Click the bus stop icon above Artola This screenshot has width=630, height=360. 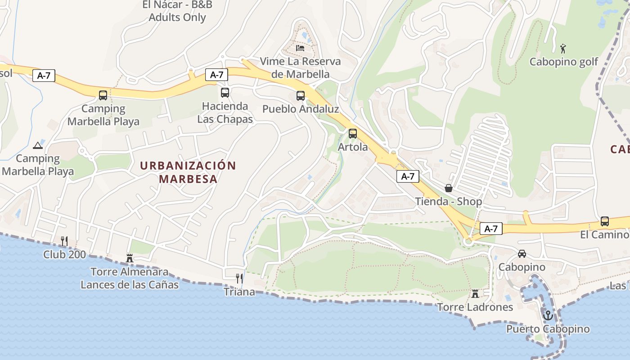[x=353, y=134]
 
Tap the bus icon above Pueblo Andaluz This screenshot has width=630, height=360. [x=301, y=96]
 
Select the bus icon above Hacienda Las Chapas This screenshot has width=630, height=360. [x=225, y=93]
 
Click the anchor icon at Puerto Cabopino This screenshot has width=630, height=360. [x=548, y=315]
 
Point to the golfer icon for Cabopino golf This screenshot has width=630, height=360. [x=563, y=48]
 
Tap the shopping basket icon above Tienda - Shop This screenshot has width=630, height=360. [x=448, y=188]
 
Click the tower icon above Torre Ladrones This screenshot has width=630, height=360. [x=475, y=294]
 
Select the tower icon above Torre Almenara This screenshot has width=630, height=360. [x=130, y=258]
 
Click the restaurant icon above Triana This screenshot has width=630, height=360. [x=239, y=279]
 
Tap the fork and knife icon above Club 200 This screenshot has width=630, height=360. [x=64, y=241]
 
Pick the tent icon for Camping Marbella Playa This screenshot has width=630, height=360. [x=38, y=145]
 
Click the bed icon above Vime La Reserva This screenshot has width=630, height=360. [x=300, y=48]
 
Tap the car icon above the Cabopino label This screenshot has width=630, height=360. [x=522, y=254]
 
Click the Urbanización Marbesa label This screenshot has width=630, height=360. [x=188, y=172]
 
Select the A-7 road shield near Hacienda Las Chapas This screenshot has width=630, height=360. [x=216, y=75]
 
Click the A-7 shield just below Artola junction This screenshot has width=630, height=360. [x=408, y=176]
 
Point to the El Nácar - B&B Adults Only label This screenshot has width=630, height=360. [x=177, y=11]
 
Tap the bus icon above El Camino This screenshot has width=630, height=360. [x=605, y=221]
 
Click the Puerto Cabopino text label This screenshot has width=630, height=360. [x=548, y=329]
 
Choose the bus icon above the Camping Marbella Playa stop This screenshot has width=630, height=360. [x=103, y=95]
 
